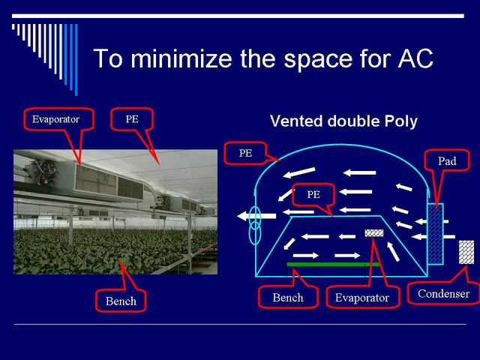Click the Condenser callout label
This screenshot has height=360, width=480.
click(x=443, y=294)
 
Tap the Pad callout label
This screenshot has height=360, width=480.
click(x=447, y=161)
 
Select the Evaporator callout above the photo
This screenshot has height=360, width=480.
click(x=56, y=119)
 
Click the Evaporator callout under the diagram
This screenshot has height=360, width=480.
click(x=362, y=297)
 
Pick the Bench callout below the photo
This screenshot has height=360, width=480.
click(x=121, y=301)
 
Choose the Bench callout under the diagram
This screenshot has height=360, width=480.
click(x=288, y=297)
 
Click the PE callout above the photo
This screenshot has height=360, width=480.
click(x=132, y=119)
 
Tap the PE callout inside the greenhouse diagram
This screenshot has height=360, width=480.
click(x=313, y=194)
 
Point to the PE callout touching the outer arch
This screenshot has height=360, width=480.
click(x=245, y=153)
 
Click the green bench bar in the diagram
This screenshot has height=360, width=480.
click(x=333, y=264)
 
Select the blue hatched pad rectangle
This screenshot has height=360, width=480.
click(x=435, y=233)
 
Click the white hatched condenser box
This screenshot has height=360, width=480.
click(x=466, y=252)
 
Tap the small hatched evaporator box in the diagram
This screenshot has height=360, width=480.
click(x=374, y=233)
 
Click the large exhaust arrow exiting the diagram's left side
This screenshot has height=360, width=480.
click(x=256, y=216)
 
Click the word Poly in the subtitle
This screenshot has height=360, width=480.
click(x=401, y=121)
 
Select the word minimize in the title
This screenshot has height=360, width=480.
click(x=181, y=58)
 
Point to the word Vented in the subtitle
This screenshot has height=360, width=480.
click(x=296, y=121)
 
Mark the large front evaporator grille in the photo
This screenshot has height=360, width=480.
click(x=96, y=181)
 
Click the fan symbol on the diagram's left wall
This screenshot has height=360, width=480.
click(x=255, y=225)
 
